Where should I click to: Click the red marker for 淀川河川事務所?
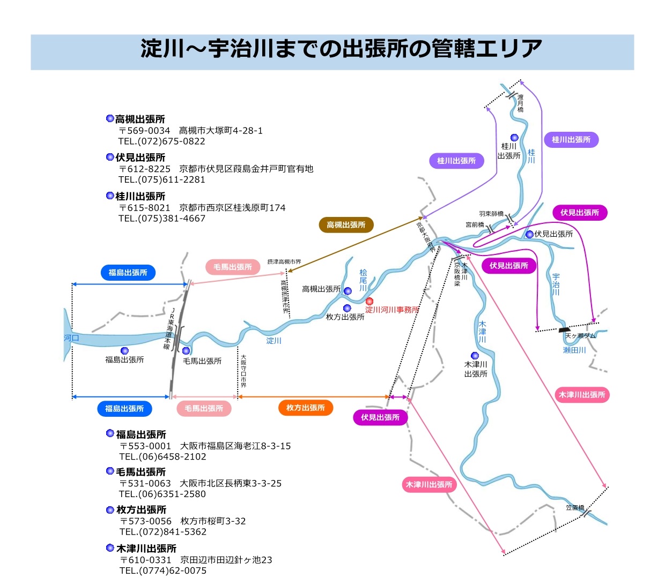pyautogui.click(x=370, y=302)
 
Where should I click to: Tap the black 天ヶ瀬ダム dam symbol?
pyautogui.click(x=564, y=330)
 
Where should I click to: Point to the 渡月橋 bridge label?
pyautogui.click(x=520, y=103)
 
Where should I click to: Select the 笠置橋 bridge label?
pyautogui.click(x=574, y=507)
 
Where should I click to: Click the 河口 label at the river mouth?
pyautogui.click(x=71, y=338)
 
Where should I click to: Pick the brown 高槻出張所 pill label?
pyautogui.click(x=346, y=225)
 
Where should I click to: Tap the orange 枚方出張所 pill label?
pyautogui.click(x=306, y=408)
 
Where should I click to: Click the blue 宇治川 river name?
pyautogui.click(x=556, y=284)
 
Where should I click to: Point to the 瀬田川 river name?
pyautogui.click(x=574, y=350)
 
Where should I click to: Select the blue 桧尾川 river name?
pyautogui.click(x=363, y=280)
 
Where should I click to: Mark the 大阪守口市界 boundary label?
pyautogui.click(x=243, y=371)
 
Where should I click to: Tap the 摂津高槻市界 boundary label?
pyautogui.click(x=284, y=262)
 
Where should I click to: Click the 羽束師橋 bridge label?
pyautogui.click(x=491, y=214)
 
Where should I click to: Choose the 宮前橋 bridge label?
pyautogui.click(x=475, y=225)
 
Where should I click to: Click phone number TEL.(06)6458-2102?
pyautogui.click(x=162, y=456)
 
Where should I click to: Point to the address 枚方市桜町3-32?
pyautogui.click(x=213, y=521)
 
